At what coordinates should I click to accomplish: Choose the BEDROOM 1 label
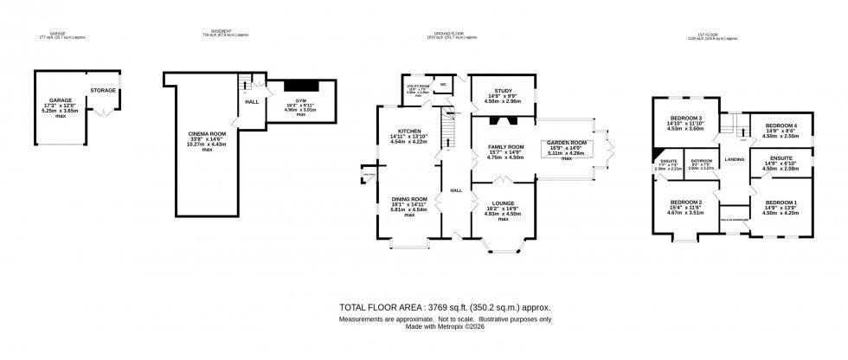[x=781, y=202]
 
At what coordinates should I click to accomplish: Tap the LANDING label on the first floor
[x=735, y=159]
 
